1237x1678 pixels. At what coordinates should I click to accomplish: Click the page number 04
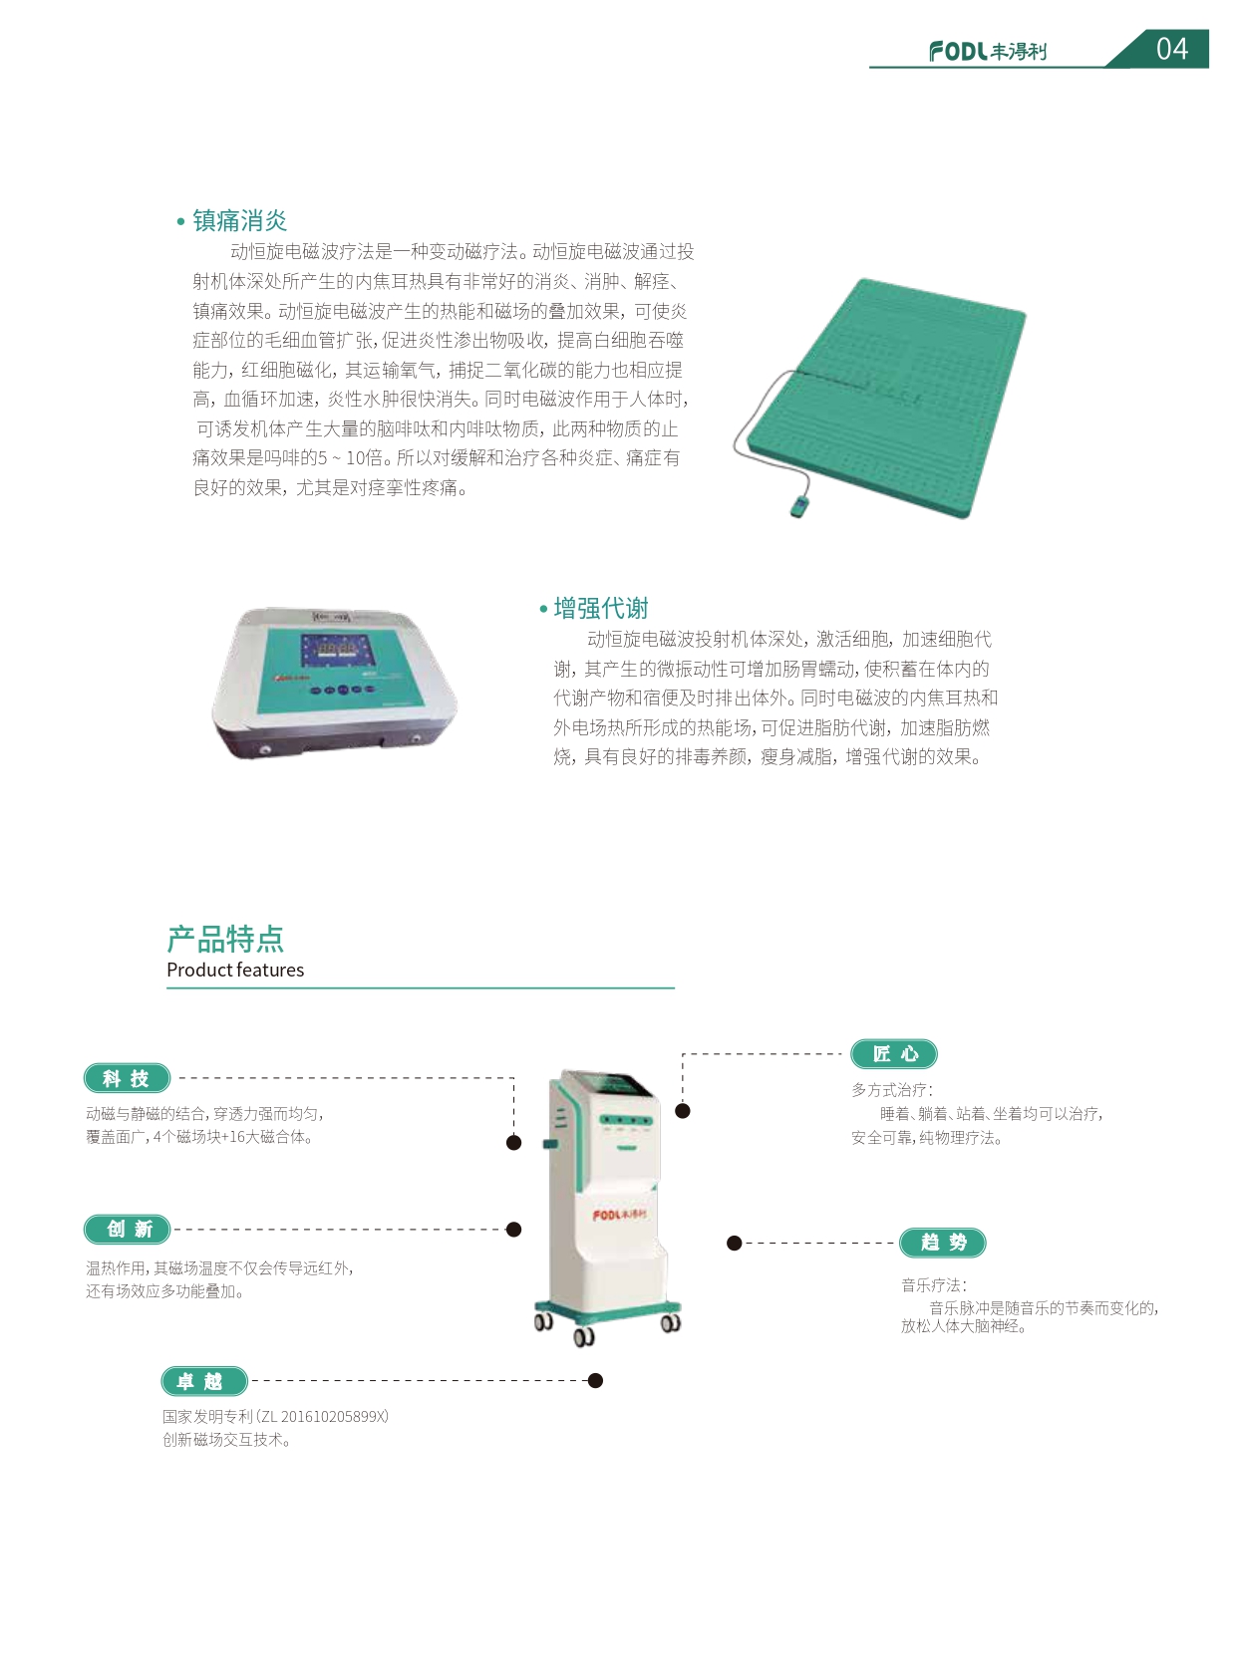(1172, 49)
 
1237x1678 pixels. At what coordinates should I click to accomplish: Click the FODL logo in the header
(988, 51)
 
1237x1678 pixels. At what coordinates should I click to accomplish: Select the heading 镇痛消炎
(240, 220)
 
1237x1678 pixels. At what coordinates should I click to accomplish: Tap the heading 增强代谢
(601, 608)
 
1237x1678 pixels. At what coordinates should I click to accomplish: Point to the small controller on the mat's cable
(799, 507)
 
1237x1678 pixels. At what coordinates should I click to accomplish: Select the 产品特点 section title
(225, 939)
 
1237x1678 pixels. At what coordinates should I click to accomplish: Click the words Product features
(235, 971)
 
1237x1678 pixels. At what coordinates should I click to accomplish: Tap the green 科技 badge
(127, 1078)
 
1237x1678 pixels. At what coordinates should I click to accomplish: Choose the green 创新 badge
(127, 1230)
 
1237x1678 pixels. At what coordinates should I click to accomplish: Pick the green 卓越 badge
(203, 1381)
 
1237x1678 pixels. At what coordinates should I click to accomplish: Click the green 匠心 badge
(894, 1054)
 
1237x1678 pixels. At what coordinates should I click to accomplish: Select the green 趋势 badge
(943, 1243)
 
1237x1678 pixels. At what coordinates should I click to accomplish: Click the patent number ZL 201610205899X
(323, 1417)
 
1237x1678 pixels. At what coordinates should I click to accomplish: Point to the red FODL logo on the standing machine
(619, 1215)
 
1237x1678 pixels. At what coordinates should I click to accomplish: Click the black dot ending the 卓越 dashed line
(596, 1381)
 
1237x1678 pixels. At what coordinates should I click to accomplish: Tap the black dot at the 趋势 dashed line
(735, 1244)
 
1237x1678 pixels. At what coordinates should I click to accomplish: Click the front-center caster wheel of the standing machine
(584, 1337)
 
